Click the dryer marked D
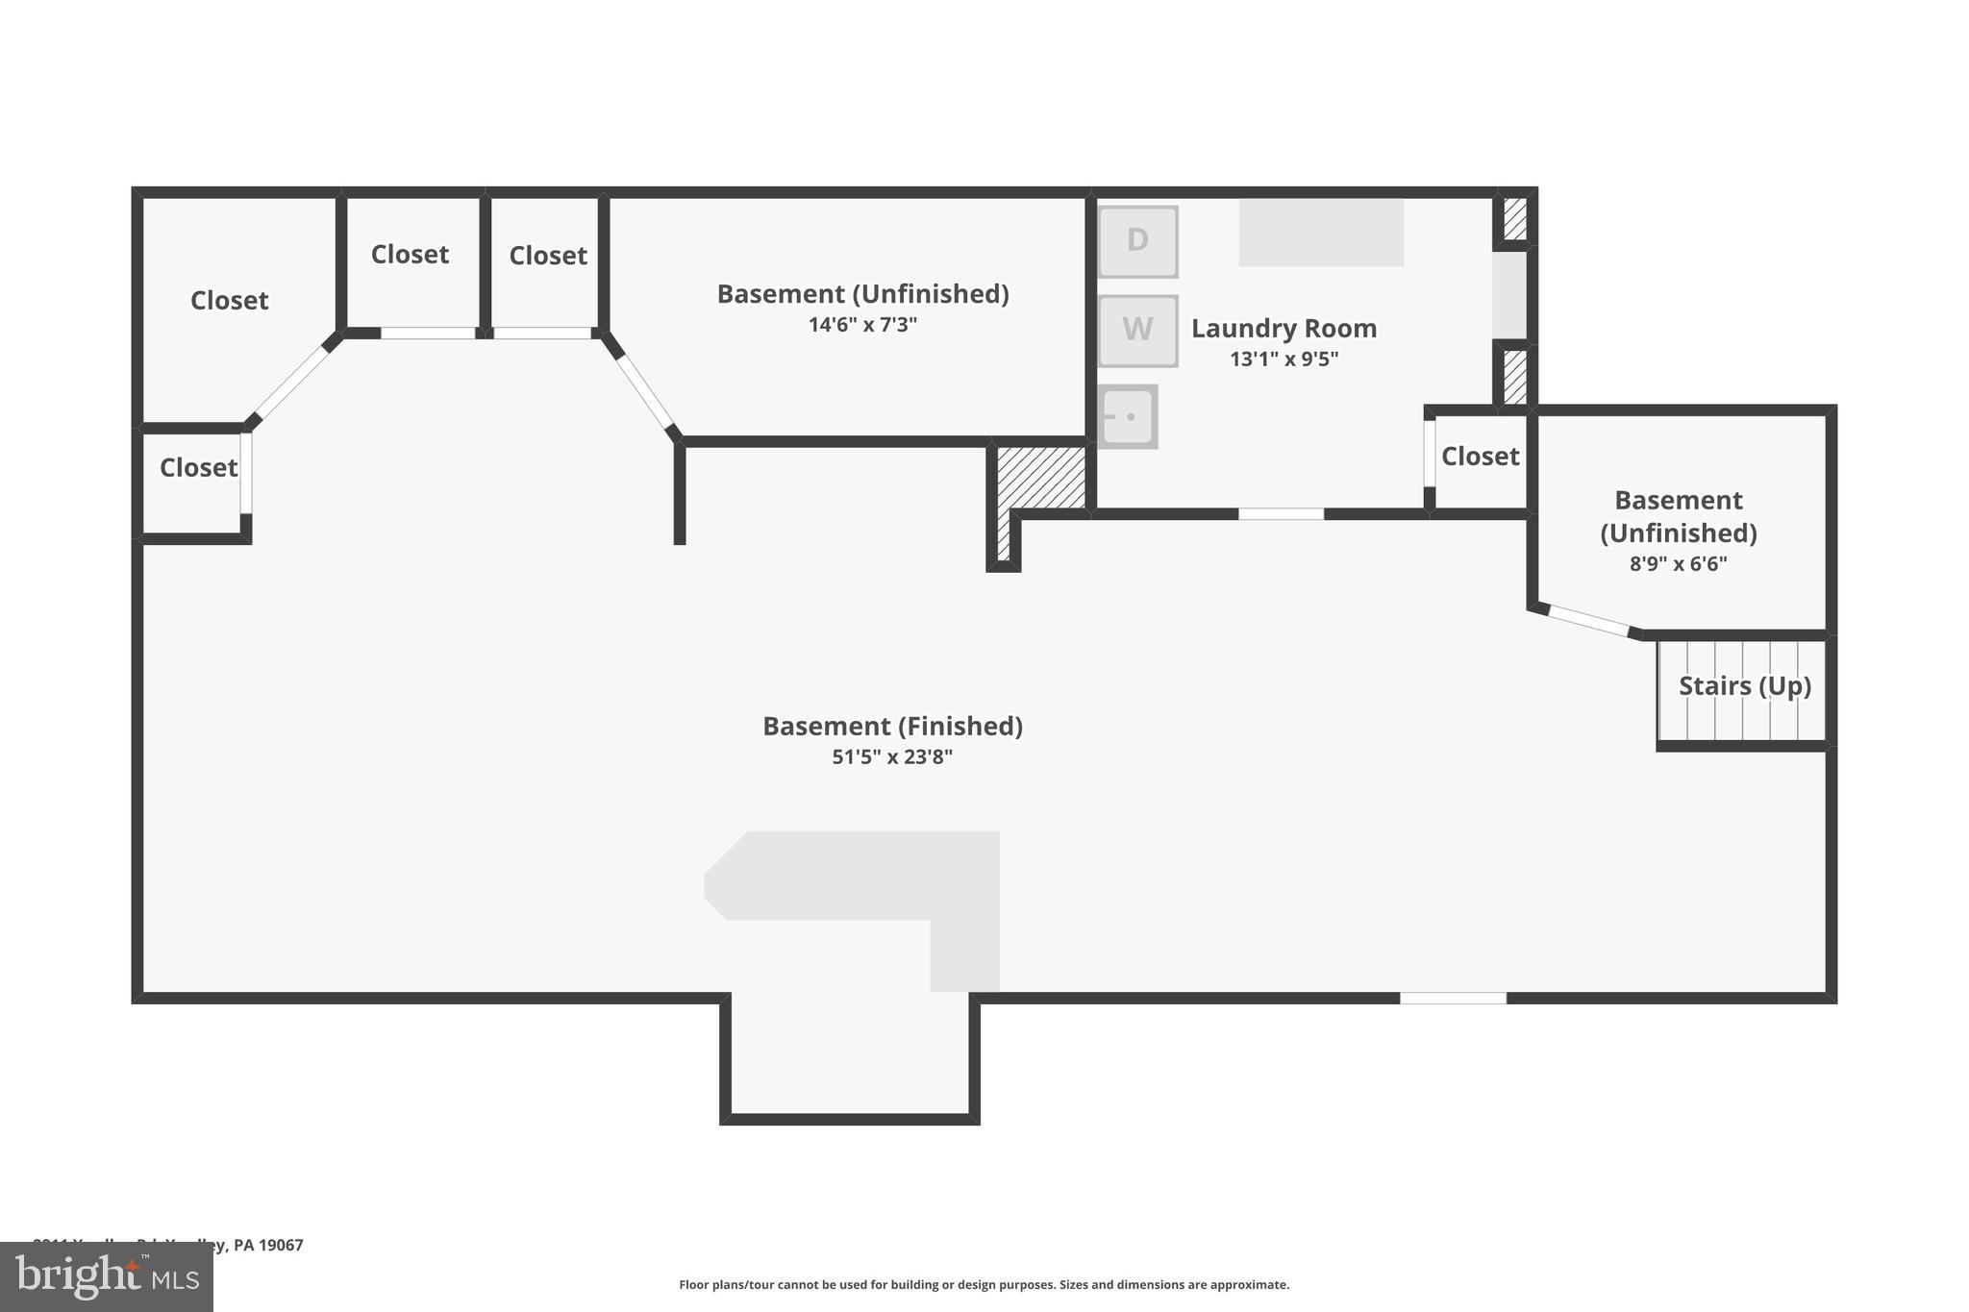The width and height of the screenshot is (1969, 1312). (x=1137, y=241)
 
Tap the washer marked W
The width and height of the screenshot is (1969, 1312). (x=1137, y=330)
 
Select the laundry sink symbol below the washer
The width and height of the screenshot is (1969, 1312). (x=1127, y=417)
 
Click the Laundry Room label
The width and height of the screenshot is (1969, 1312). (x=1284, y=329)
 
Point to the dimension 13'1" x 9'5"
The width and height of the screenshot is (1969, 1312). (x=1284, y=359)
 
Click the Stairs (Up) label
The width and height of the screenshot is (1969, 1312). (x=1744, y=686)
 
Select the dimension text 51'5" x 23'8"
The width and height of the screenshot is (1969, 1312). (x=891, y=757)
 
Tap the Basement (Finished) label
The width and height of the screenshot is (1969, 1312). (x=891, y=727)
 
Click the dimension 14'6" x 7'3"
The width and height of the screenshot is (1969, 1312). (x=862, y=325)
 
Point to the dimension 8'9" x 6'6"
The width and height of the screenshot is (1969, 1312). (x=1678, y=564)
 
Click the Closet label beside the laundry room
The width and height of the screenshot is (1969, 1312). (x=1480, y=457)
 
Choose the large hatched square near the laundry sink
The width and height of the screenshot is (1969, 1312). (x=1041, y=477)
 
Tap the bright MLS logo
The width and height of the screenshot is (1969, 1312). (x=106, y=1276)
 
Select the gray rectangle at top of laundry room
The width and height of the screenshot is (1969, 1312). (x=1320, y=233)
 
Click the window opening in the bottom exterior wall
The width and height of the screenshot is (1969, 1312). (x=1452, y=999)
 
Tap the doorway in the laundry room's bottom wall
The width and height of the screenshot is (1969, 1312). (x=1281, y=514)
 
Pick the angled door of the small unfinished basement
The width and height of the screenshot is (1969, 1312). (x=1588, y=621)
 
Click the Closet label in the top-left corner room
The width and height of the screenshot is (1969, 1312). (x=229, y=301)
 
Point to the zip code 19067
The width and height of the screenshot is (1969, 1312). (x=281, y=1246)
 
